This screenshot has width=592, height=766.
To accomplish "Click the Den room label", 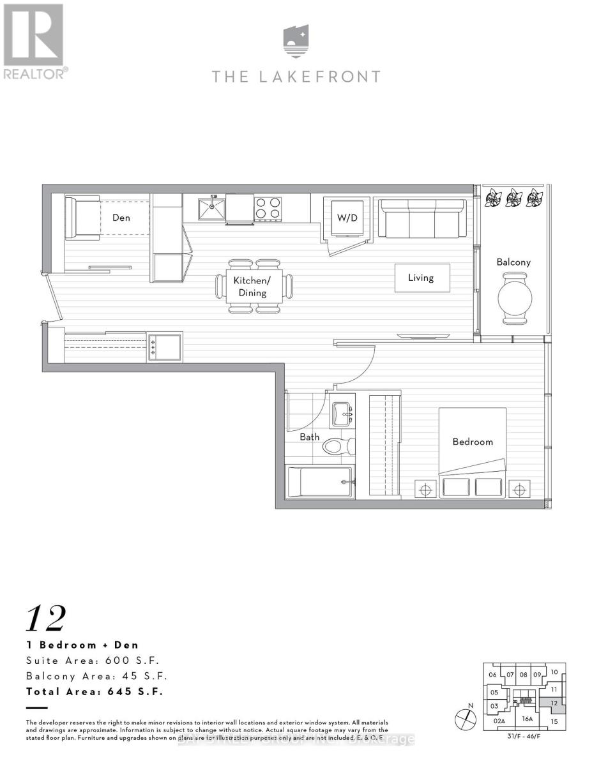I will tap(121, 218).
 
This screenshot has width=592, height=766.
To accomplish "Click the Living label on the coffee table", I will tap(421, 278).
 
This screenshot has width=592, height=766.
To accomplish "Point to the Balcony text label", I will tap(513, 262).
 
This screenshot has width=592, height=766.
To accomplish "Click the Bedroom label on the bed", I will tap(473, 442).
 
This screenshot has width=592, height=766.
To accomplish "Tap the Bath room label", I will tap(310, 437).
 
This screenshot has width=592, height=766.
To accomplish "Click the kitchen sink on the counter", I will tap(211, 209).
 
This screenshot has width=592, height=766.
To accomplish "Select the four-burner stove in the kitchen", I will tap(268, 208).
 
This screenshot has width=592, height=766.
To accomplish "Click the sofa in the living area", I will tap(421, 218).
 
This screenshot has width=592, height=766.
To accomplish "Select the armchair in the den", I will tap(82, 218).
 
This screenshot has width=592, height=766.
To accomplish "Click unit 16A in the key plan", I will tap(527, 718).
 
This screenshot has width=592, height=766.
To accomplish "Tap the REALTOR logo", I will tap(33, 41).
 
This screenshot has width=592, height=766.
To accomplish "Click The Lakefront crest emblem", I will tap(296, 41).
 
